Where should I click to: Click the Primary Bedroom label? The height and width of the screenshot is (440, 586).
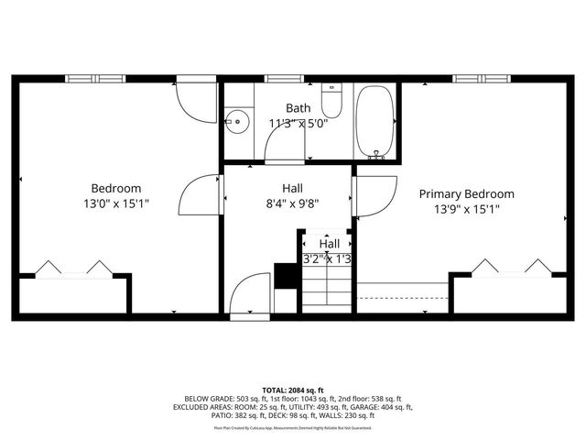coord(466,193)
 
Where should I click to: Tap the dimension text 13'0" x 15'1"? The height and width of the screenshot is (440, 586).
coord(115,203)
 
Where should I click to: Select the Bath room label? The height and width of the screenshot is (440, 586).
coord(298,107)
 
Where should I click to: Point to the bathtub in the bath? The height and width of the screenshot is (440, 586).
coord(374,122)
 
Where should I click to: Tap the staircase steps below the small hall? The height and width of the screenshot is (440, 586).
coord(326,289)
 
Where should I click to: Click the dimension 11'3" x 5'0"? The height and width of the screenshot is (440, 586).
coord(298,123)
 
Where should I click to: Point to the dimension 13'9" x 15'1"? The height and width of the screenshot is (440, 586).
coord(466,209)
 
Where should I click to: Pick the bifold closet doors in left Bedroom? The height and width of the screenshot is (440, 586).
coord(72,269)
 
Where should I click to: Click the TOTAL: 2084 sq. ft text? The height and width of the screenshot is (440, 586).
coord(293,390)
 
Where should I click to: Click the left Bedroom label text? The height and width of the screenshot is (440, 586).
coord(115,188)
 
